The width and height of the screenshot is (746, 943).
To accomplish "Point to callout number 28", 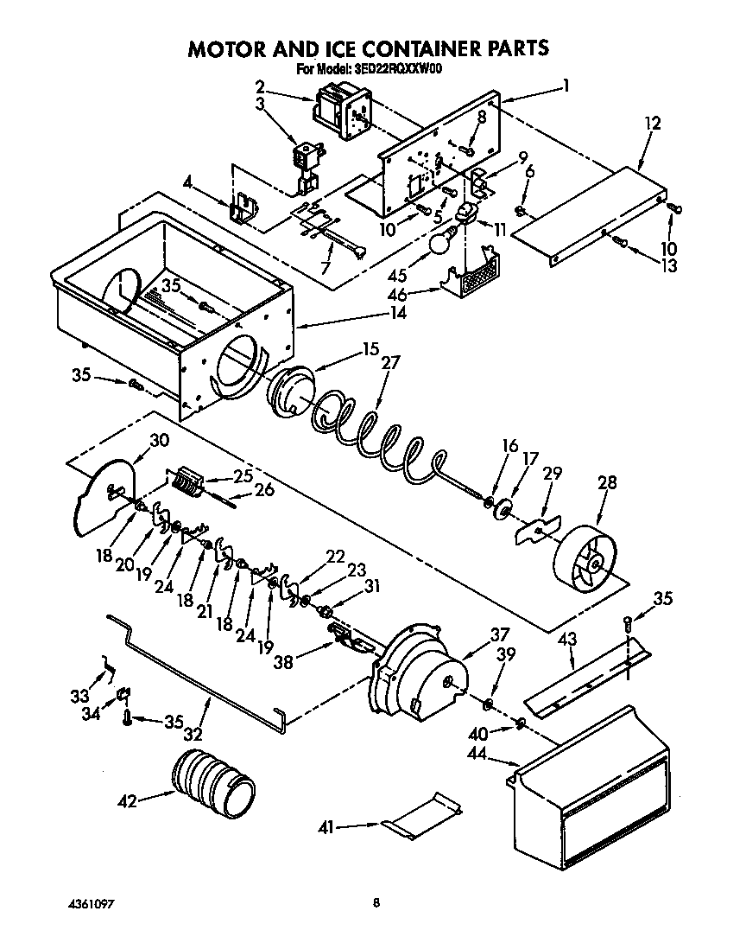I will pos(607,482).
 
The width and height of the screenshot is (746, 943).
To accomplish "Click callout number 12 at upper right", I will pos(652,124).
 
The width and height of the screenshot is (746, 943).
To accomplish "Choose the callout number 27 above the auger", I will pos(390,363).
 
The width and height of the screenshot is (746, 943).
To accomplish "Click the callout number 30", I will pos(159,439).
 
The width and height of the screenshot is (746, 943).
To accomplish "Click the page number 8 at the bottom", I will pos(376,904).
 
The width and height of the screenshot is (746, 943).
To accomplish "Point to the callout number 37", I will pos(500,634).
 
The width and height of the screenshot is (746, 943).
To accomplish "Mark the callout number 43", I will pos(566,640).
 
